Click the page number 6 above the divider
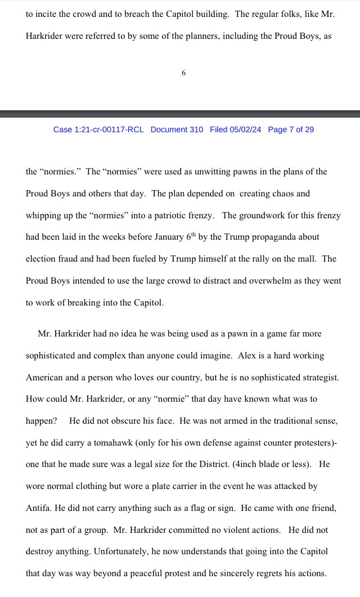(x=183, y=73)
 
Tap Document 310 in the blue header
(x=177, y=129)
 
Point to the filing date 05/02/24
(x=246, y=129)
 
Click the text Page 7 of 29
(x=291, y=129)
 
